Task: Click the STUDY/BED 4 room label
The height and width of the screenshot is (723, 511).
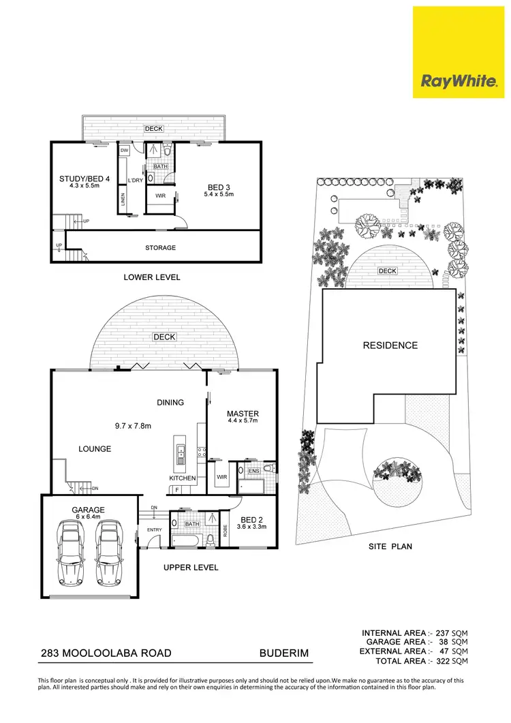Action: [80, 179]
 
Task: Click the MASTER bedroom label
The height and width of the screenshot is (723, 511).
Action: [243, 414]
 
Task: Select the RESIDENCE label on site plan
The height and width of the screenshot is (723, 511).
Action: [390, 345]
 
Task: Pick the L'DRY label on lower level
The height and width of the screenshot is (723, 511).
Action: [135, 180]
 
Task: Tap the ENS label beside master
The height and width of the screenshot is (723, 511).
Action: [254, 470]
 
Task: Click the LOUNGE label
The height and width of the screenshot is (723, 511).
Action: [94, 448]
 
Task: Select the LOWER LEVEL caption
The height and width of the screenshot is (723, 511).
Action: [151, 277]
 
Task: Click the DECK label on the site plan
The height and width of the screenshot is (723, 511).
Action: [387, 271]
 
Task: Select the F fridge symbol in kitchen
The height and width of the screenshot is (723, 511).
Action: [176, 490]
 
